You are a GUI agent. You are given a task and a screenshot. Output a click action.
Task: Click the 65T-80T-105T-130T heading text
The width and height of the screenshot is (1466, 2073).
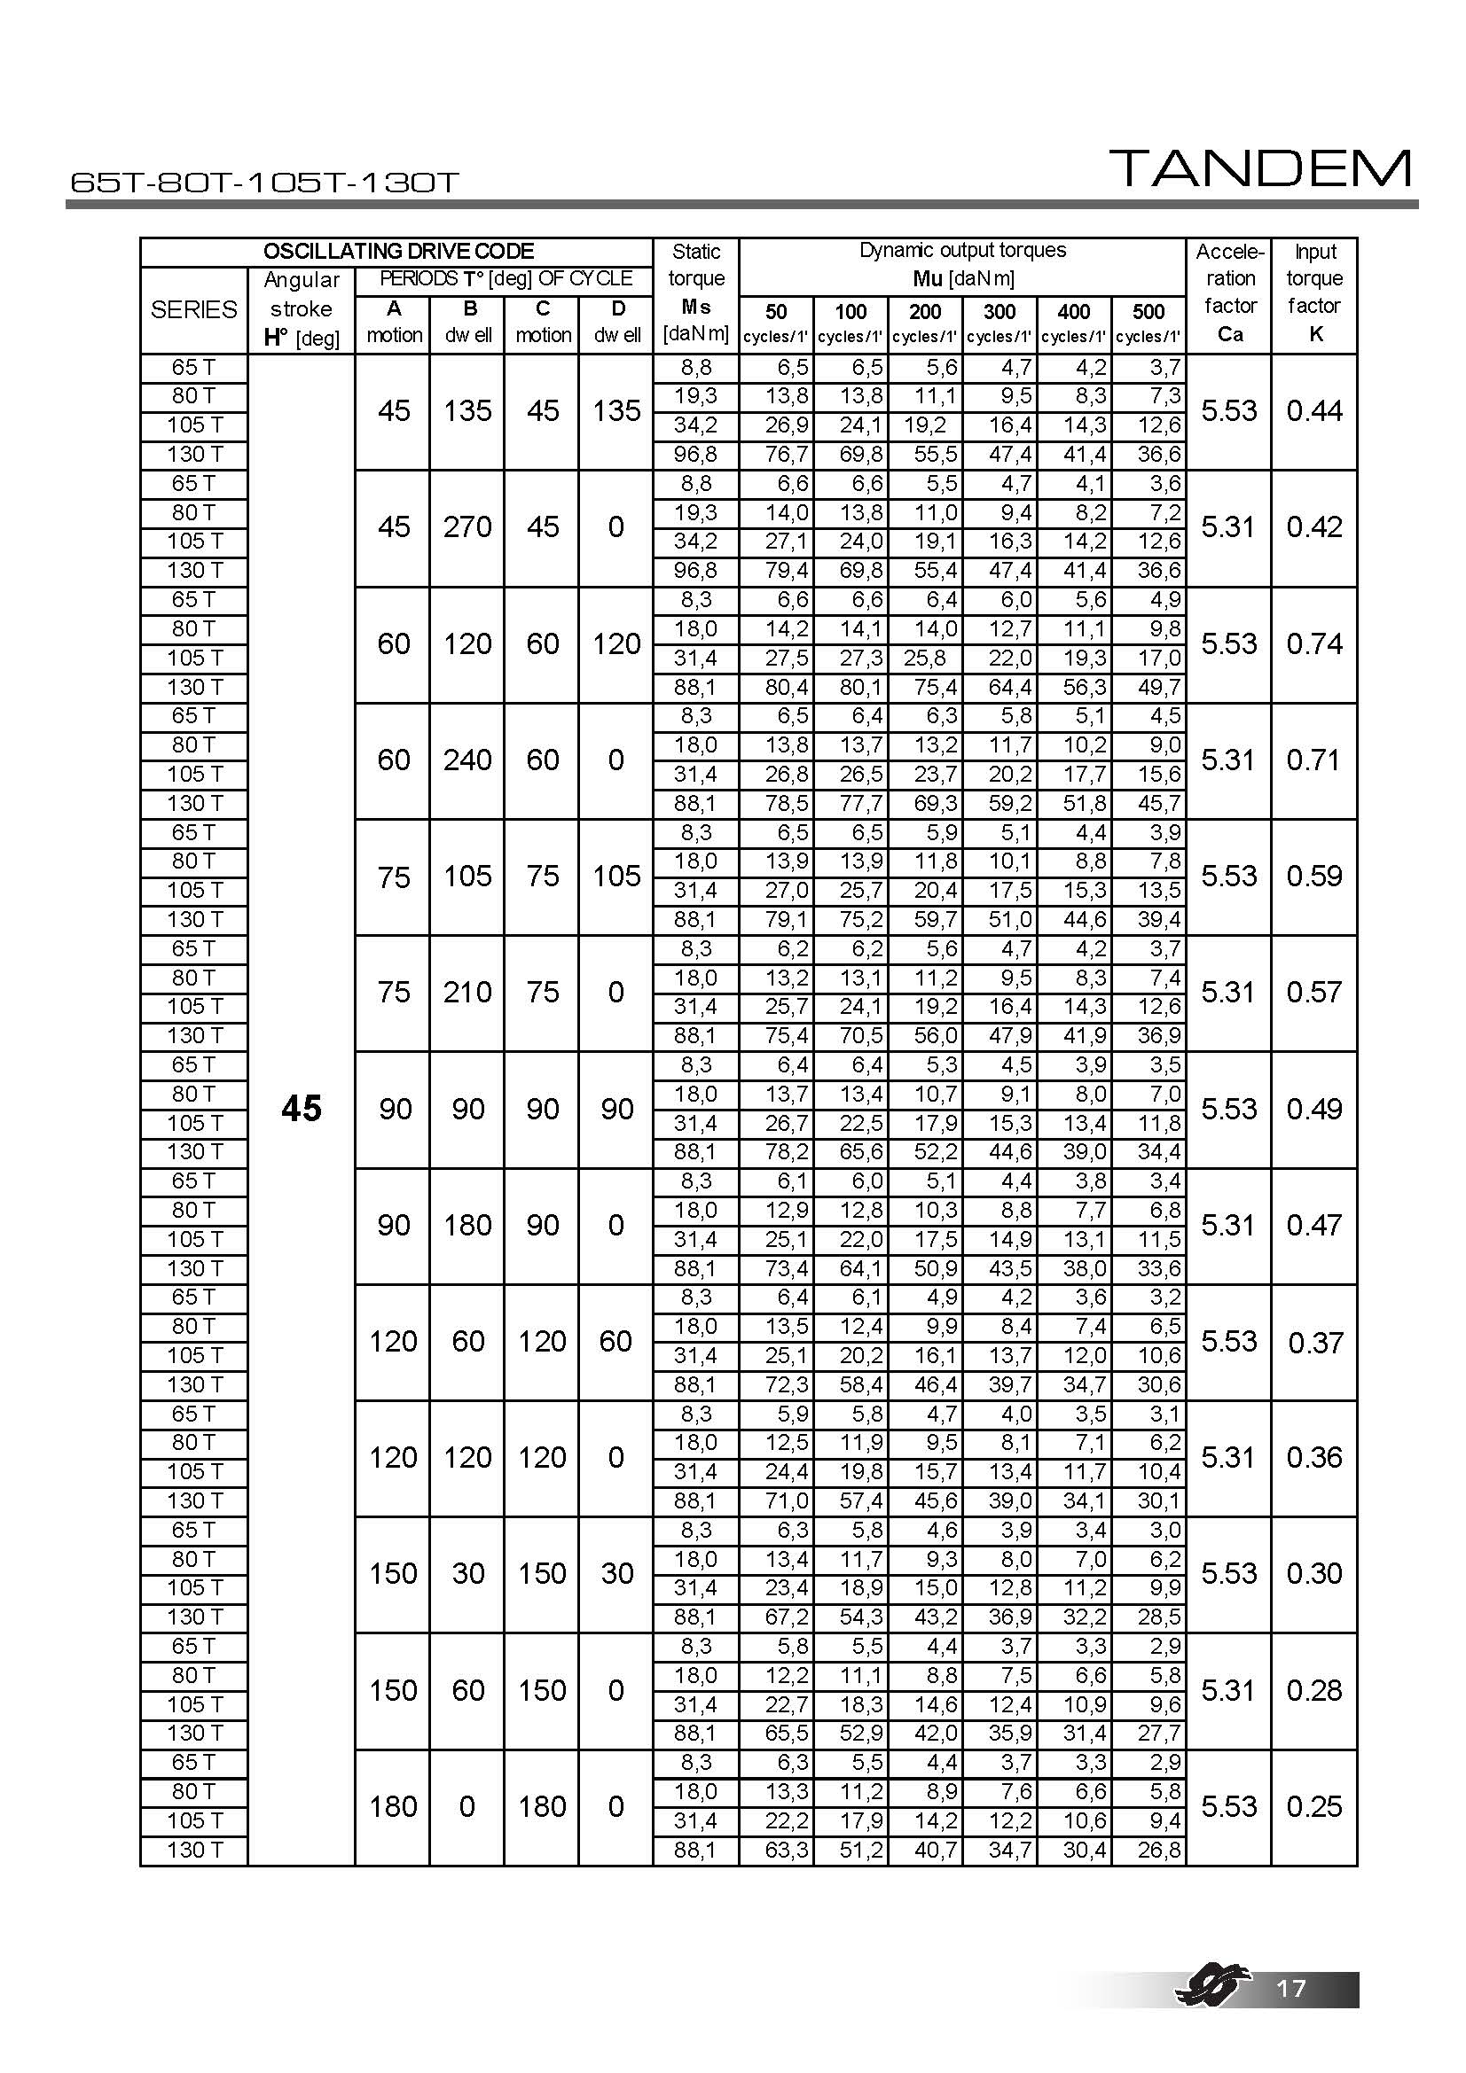coord(264,183)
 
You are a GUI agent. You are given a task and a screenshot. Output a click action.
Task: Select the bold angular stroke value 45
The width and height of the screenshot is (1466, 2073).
coord(301,1109)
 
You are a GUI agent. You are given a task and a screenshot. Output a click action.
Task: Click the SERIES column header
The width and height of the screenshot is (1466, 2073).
coord(193,309)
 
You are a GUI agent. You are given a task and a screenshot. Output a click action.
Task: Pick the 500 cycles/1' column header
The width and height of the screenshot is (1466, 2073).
coord(1148,323)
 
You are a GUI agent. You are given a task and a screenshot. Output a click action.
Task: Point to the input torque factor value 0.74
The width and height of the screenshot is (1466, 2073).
coord(1314,643)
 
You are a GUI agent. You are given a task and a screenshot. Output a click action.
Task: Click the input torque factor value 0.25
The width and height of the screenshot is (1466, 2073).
coord(1314,1806)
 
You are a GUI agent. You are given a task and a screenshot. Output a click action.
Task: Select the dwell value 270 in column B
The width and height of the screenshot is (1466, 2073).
coord(467,526)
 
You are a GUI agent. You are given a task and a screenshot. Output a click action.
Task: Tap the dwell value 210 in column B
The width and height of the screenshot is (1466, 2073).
coord(467,993)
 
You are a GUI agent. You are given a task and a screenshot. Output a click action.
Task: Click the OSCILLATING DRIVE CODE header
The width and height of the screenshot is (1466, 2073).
coord(397,251)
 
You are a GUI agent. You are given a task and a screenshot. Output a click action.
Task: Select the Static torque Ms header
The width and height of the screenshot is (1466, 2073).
coord(695,292)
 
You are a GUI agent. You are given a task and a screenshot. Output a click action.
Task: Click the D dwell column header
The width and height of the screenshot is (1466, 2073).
coord(617,322)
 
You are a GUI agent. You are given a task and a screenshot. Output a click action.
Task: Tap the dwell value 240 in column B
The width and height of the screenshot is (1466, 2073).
coord(467,760)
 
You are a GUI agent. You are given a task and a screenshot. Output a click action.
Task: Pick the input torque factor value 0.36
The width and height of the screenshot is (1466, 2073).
coord(1314,1457)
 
